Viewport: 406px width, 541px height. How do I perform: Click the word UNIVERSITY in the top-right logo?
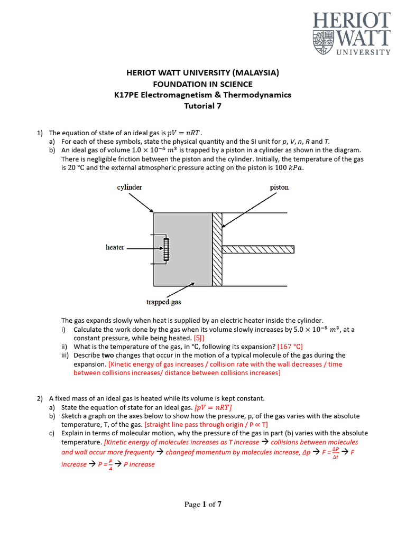tap(361, 52)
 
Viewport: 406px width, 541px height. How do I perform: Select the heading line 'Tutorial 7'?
tap(202, 106)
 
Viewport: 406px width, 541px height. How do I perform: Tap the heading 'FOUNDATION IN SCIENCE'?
tap(202, 85)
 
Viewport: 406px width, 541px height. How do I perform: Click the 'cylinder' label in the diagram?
tap(129, 187)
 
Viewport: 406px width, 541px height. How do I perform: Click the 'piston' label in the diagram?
tap(279, 187)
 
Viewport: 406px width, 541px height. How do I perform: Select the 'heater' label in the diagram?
tap(115, 247)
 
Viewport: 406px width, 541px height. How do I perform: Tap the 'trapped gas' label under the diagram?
tap(163, 302)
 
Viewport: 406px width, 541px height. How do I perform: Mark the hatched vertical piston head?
tap(217, 249)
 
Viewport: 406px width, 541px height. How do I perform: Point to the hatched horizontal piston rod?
tap(258, 249)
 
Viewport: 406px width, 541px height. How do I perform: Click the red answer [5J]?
tap(199, 338)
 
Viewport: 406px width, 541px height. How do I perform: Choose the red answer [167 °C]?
tap(290, 347)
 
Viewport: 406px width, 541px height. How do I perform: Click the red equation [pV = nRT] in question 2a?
tap(213, 407)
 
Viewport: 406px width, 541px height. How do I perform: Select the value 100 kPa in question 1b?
tap(290, 168)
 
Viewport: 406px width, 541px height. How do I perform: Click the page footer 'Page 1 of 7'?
tap(202, 505)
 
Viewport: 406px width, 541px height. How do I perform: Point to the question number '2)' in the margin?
tap(40, 398)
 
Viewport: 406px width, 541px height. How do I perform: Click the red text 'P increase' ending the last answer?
tap(139, 464)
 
